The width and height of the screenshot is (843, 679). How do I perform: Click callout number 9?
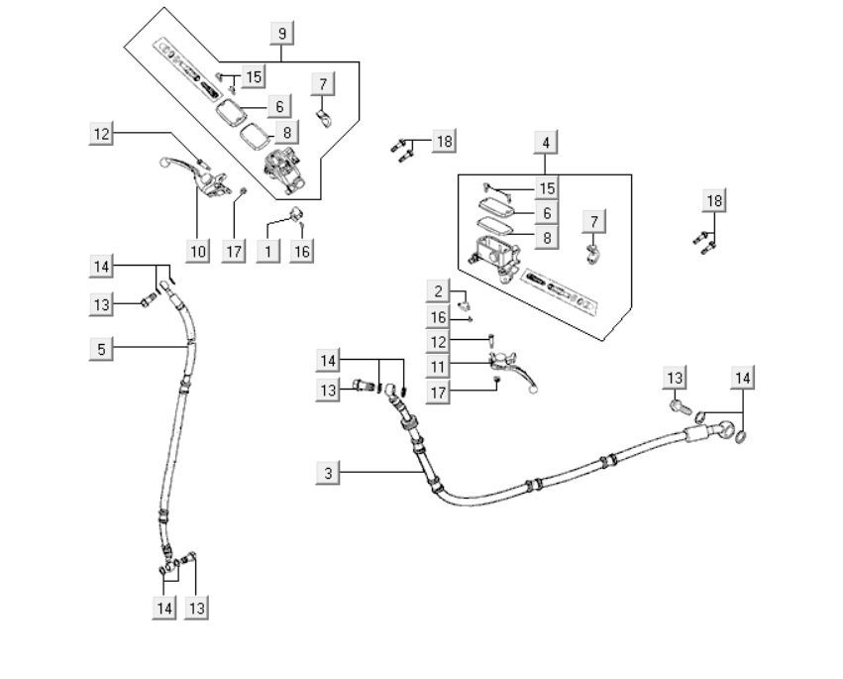(282, 34)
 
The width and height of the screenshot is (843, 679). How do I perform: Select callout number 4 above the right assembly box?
(545, 143)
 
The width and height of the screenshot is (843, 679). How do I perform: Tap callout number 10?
(198, 251)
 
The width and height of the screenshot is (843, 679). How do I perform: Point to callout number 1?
(266, 251)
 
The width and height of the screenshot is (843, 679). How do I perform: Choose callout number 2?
(438, 291)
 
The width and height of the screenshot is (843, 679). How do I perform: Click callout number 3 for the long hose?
(329, 473)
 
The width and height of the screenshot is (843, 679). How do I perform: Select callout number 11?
(438, 367)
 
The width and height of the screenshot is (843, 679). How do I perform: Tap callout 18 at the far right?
(714, 201)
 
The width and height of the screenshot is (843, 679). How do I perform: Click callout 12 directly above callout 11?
(438, 342)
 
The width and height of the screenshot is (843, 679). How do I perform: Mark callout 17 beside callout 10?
(233, 251)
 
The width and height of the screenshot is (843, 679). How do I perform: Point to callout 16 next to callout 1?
(301, 251)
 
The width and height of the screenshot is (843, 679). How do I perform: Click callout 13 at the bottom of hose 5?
(197, 608)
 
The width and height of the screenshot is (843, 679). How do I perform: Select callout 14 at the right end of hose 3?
(743, 378)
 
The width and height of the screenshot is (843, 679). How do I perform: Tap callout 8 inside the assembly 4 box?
(546, 238)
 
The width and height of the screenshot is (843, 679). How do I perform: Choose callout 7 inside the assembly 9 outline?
(322, 83)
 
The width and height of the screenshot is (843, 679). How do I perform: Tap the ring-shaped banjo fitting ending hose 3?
(731, 432)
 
